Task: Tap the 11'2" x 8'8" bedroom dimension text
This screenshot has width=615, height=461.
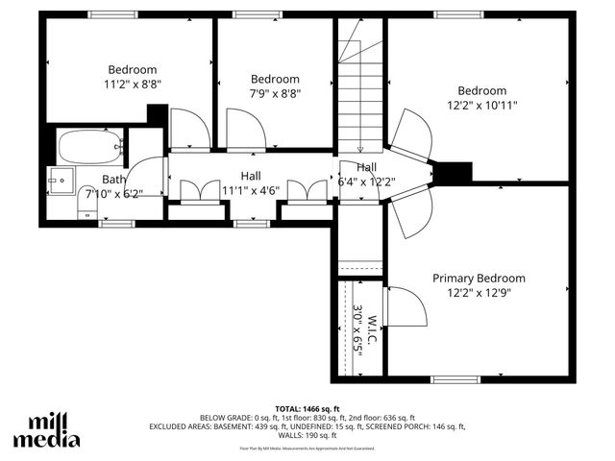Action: click(133, 84)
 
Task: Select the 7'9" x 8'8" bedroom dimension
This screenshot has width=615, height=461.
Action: click(275, 93)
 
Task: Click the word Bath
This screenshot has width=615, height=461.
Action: click(113, 180)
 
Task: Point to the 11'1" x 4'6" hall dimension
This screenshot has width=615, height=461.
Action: click(250, 190)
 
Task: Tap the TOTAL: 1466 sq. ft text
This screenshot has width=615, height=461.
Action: click(307, 408)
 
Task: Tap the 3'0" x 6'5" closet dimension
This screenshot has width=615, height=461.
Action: click(357, 331)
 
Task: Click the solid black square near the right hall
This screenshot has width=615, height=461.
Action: click(454, 172)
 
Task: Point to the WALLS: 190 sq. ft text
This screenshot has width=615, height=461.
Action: click(307, 435)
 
